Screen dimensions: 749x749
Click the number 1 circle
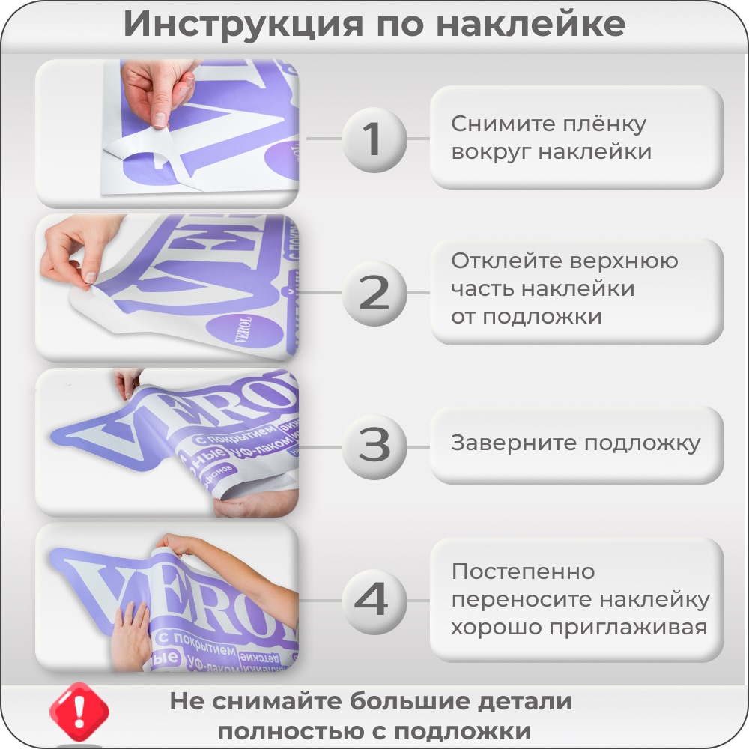(x=374, y=139)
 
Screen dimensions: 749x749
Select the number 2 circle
(x=374, y=293)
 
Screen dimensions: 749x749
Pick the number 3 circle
(x=374, y=446)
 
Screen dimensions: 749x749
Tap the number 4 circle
(x=374, y=600)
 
